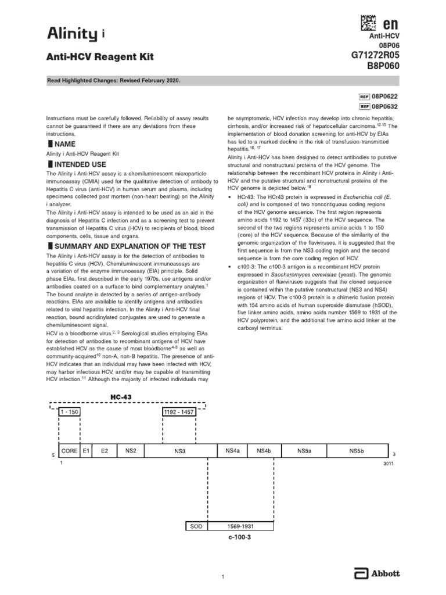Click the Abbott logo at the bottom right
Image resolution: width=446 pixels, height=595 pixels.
377,574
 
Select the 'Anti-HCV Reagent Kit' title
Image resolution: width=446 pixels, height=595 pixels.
100,57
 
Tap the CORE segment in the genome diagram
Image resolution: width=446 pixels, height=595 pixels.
69,450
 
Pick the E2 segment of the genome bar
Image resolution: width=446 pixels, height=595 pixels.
104,450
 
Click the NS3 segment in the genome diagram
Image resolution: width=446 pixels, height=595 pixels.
179,450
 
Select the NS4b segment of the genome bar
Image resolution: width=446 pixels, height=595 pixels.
264,450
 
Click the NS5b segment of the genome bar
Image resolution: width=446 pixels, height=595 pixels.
357,450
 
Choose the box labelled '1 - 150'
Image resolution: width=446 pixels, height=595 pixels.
69,412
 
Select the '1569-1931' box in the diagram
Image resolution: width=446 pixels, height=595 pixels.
240,526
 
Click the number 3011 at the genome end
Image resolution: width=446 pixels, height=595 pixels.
388,464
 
